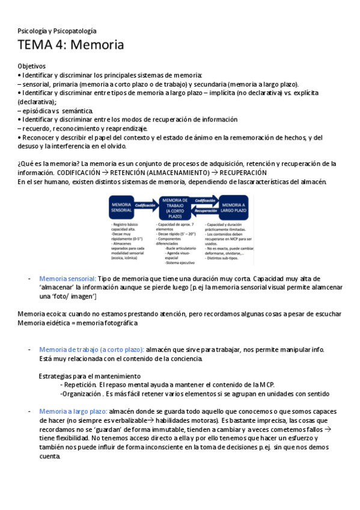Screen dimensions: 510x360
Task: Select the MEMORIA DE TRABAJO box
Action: coord(175,208)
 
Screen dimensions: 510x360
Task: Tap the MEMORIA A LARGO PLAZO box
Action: coord(233,208)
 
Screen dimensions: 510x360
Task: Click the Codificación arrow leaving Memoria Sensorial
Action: coord(145,206)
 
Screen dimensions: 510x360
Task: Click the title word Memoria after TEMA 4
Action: coord(97,45)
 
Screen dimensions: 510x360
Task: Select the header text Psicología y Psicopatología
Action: coord(57,31)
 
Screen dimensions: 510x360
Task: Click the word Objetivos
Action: coord(32,66)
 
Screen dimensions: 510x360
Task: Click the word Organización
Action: coord(83,394)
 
